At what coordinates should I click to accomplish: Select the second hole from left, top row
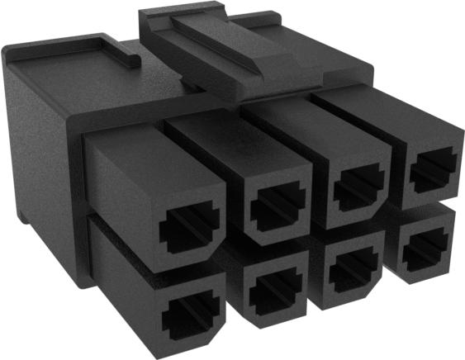pos(278,208)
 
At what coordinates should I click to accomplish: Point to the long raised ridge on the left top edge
pos(58,44)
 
